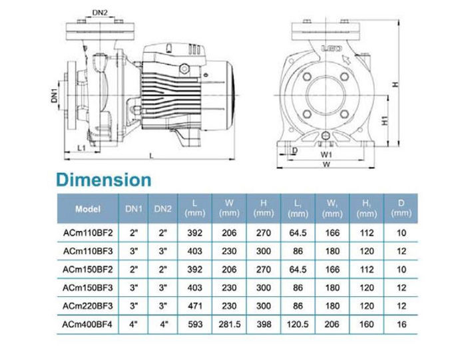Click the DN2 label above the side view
coord(100,13)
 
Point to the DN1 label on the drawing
coord(54,95)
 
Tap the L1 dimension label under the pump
coord(81,148)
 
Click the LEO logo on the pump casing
coord(332,49)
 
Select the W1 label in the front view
coord(326,154)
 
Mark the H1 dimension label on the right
coord(385,120)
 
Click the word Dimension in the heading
coord(104,180)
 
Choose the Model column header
coord(88,209)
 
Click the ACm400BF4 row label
coord(87,324)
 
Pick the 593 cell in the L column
coord(195,324)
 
